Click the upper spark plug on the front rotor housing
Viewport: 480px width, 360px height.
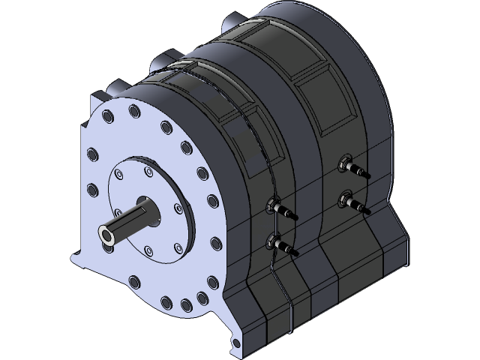[280, 208]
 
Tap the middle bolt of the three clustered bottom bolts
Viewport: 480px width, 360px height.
[185, 304]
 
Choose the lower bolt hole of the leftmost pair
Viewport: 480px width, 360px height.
[93, 188]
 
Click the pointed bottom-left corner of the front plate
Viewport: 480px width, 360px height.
[73, 259]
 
